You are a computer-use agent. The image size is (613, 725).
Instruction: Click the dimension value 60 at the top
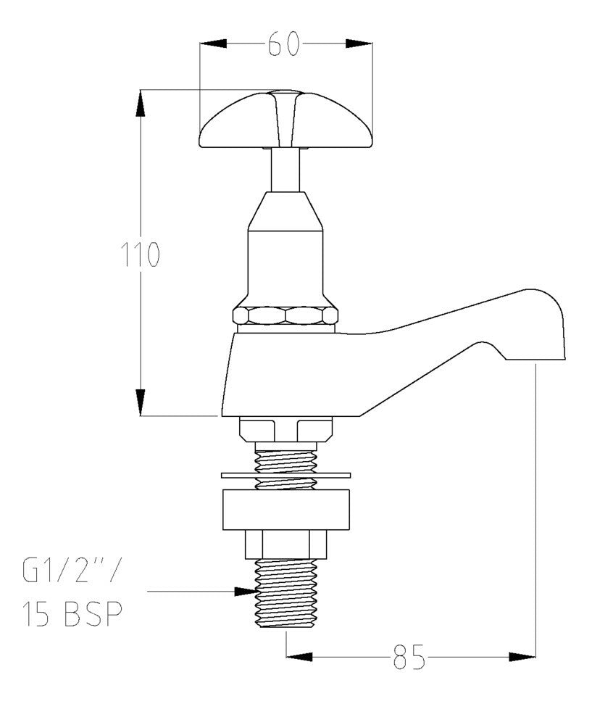284,45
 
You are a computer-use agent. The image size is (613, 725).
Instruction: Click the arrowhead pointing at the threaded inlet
243,592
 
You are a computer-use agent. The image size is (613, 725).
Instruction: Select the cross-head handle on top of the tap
285,122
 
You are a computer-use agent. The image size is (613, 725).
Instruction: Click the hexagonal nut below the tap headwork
285,315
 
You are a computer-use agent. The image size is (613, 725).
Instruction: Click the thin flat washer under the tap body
285,476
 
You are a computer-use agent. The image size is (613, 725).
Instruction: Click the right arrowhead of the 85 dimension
522,657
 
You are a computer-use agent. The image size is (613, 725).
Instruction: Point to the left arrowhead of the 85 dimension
300,657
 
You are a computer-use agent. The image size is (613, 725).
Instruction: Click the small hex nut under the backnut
285,544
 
